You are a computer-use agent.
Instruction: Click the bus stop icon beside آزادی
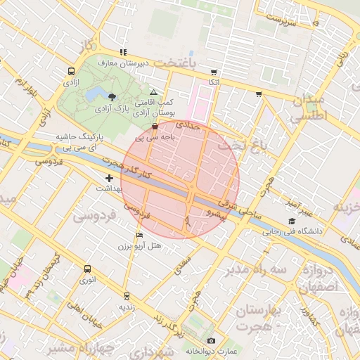[x=71, y=72]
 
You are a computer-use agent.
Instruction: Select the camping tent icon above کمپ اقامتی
[x=154, y=92]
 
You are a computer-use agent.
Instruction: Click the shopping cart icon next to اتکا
[x=214, y=72]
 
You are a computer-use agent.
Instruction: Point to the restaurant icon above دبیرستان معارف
[x=124, y=51]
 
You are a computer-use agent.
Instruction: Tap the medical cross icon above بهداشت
[x=109, y=179]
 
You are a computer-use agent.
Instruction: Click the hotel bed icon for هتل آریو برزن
[x=139, y=235]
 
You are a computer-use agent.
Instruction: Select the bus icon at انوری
[x=87, y=269]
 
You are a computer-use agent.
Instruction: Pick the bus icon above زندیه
[x=127, y=296]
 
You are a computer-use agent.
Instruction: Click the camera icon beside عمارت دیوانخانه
[x=211, y=341]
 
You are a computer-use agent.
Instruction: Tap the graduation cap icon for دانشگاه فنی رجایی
[x=290, y=221]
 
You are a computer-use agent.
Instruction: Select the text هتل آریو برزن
[x=139, y=246]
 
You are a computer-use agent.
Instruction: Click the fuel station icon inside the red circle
[x=155, y=126]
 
